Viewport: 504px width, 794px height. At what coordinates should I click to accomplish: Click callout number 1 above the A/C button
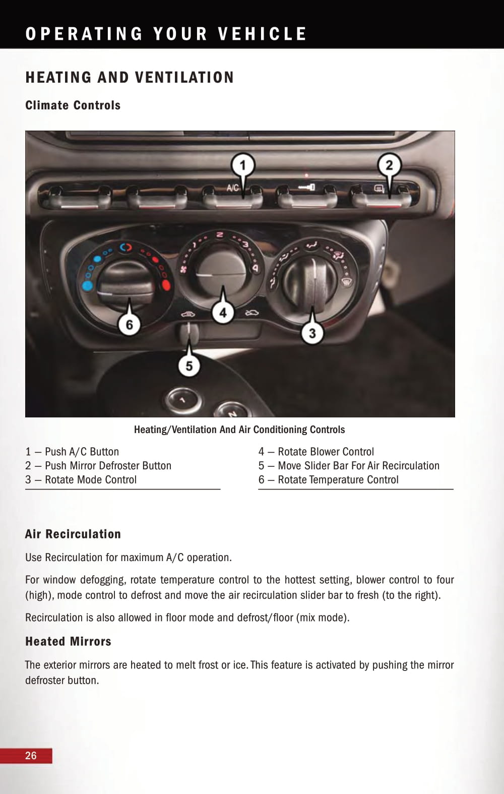click(242, 165)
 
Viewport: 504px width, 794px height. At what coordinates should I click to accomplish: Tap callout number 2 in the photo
click(389, 165)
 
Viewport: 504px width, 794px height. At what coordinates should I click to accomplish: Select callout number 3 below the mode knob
click(312, 333)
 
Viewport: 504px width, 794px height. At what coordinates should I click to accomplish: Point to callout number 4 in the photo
click(223, 313)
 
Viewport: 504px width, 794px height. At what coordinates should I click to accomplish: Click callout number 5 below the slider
click(189, 365)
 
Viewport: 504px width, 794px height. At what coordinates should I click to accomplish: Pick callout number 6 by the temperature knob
click(129, 324)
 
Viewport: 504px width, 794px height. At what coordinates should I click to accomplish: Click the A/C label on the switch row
click(232, 188)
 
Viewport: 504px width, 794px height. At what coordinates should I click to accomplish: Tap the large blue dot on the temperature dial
click(88, 286)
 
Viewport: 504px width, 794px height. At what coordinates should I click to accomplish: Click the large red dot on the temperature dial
click(166, 285)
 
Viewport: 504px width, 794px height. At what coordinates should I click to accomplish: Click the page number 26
click(31, 755)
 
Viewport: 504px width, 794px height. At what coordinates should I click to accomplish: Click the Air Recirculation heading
click(73, 534)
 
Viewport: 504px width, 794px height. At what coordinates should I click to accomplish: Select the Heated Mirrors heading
click(68, 641)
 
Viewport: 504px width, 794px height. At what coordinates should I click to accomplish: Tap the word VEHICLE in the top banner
click(262, 34)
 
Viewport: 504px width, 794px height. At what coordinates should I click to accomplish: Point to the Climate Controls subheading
click(73, 105)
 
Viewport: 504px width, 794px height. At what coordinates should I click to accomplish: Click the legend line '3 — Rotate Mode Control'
click(81, 479)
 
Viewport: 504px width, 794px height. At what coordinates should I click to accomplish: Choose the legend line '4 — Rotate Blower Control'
click(316, 452)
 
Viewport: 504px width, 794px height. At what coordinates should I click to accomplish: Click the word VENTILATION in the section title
click(184, 78)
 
